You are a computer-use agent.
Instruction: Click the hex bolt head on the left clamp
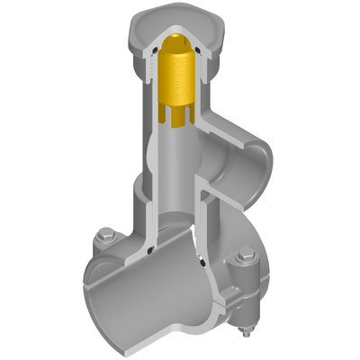(x=105, y=238)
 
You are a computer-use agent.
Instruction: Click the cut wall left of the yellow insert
(x=144, y=99)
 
